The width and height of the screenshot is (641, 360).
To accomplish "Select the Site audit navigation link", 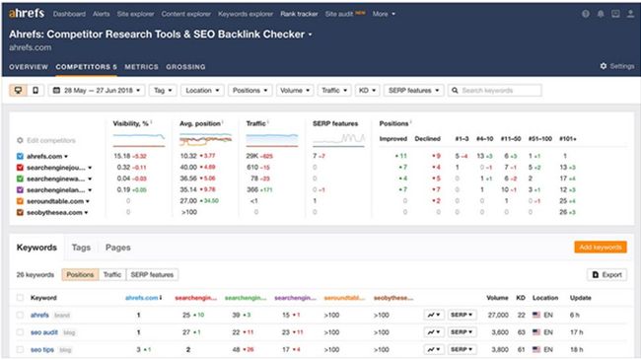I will point(344,14).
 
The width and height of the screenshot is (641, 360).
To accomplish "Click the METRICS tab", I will point(141,66).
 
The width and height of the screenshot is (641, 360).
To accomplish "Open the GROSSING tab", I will point(187,66).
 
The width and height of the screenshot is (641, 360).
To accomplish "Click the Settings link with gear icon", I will point(617,66).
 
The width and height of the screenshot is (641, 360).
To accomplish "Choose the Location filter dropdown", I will point(201,90).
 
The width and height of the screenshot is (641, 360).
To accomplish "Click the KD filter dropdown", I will point(367,90).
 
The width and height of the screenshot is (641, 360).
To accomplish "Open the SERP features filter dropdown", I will point(412,90).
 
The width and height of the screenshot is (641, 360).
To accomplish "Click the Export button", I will point(606,274).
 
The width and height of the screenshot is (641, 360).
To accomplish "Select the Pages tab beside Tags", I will point(117,247).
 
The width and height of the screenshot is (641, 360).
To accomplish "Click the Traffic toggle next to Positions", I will point(112,274).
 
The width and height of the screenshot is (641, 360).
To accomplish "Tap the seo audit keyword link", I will point(44,331).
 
